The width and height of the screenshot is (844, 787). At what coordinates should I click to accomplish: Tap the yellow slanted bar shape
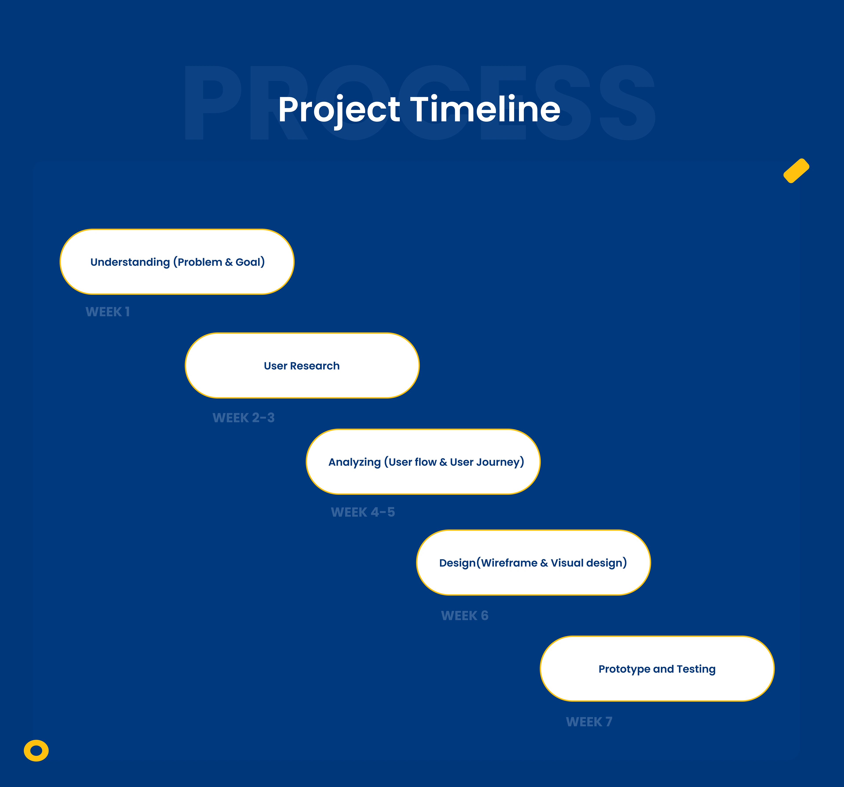[x=797, y=171]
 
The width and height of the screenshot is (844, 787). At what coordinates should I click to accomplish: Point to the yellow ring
[x=36, y=751]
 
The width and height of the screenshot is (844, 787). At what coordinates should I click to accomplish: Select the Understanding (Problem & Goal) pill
[x=177, y=262]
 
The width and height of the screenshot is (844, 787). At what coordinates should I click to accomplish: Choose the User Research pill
[x=302, y=366]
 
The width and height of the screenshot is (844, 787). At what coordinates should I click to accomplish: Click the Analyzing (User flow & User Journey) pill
[x=423, y=462]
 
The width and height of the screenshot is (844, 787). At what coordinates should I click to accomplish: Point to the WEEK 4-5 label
[x=363, y=512]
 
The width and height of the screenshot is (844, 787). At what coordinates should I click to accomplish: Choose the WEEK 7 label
[x=589, y=722]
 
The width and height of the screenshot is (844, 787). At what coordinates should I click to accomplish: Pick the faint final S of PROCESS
[x=628, y=102]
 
